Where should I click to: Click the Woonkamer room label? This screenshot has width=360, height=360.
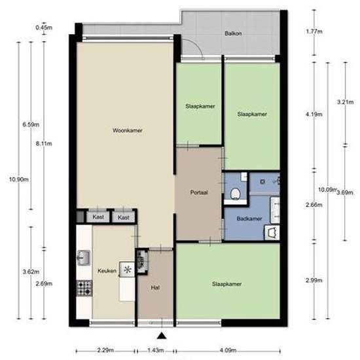click(x=128, y=130)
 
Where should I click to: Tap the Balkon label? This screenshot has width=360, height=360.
click(x=233, y=33)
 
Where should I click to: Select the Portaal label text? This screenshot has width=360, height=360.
click(x=199, y=192)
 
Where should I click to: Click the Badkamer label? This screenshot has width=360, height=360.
click(x=249, y=219)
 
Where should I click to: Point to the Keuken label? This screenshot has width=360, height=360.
click(x=107, y=271)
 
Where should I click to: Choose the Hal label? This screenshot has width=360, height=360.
click(x=155, y=287)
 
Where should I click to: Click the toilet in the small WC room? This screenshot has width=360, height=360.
click(x=235, y=194)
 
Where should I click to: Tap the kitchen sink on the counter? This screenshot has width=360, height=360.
click(x=84, y=258)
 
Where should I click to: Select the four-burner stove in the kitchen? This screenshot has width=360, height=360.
click(x=84, y=288)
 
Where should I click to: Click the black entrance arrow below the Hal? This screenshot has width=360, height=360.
click(x=162, y=336)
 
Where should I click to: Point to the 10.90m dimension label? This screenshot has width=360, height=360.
click(x=19, y=179)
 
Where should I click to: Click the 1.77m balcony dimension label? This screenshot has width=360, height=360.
click(x=314, y=31)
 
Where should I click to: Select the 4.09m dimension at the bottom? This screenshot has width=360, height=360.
click(x=228, y=350)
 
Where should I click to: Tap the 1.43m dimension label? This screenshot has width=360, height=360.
click(x=156, y=350)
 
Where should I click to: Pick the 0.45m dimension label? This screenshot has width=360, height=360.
click(x=44, y=27)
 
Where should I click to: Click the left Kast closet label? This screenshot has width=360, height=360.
click(x=98, y=217)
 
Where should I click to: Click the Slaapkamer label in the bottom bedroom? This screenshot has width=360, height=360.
click(x=227, y=284)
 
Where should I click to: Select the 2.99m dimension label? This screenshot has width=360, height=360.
click(x=314, y=280)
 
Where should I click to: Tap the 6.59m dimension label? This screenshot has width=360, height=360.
click(x=31, y=125)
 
